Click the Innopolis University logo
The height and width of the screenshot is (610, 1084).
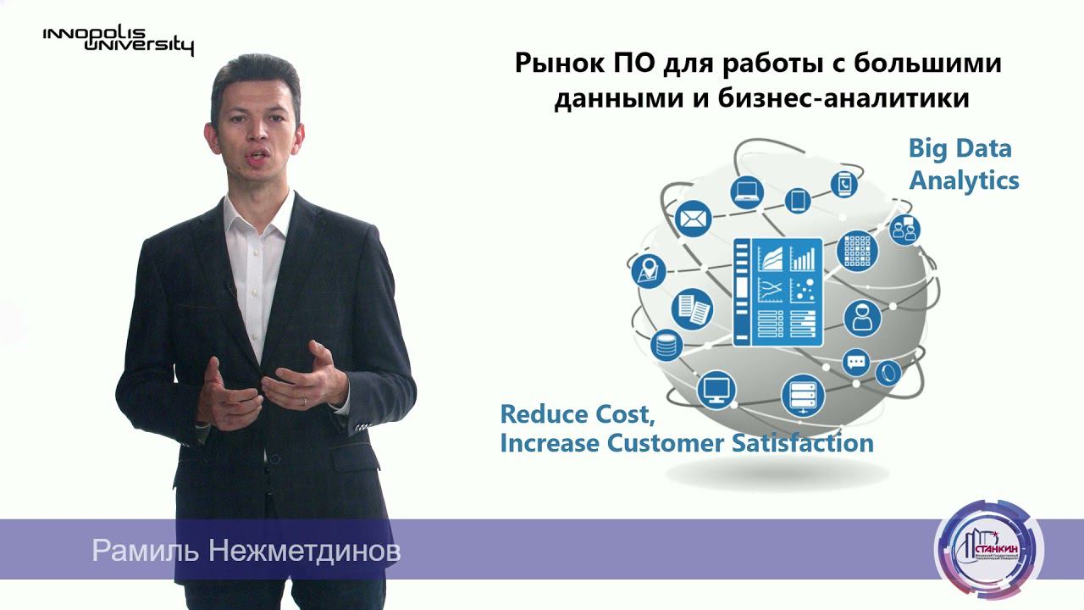pyautogui.click(x=118, y=39)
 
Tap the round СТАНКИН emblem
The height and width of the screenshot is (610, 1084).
pyautogui.click(x=988, y=550)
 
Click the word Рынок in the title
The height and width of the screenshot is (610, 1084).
pyautogui.click(x=561, y=64)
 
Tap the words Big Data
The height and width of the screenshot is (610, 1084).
pyautogui.click(x=960, y=149)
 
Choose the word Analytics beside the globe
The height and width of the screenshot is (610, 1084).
pyautogui.click(x=964, y=180)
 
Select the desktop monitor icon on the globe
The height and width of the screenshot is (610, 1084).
pyautogui.click(x=716, y=389)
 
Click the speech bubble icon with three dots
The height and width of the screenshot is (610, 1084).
pyautogui.click(x=857, y=362)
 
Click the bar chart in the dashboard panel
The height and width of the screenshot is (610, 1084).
pyautogui.click(x=802, y=256)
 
